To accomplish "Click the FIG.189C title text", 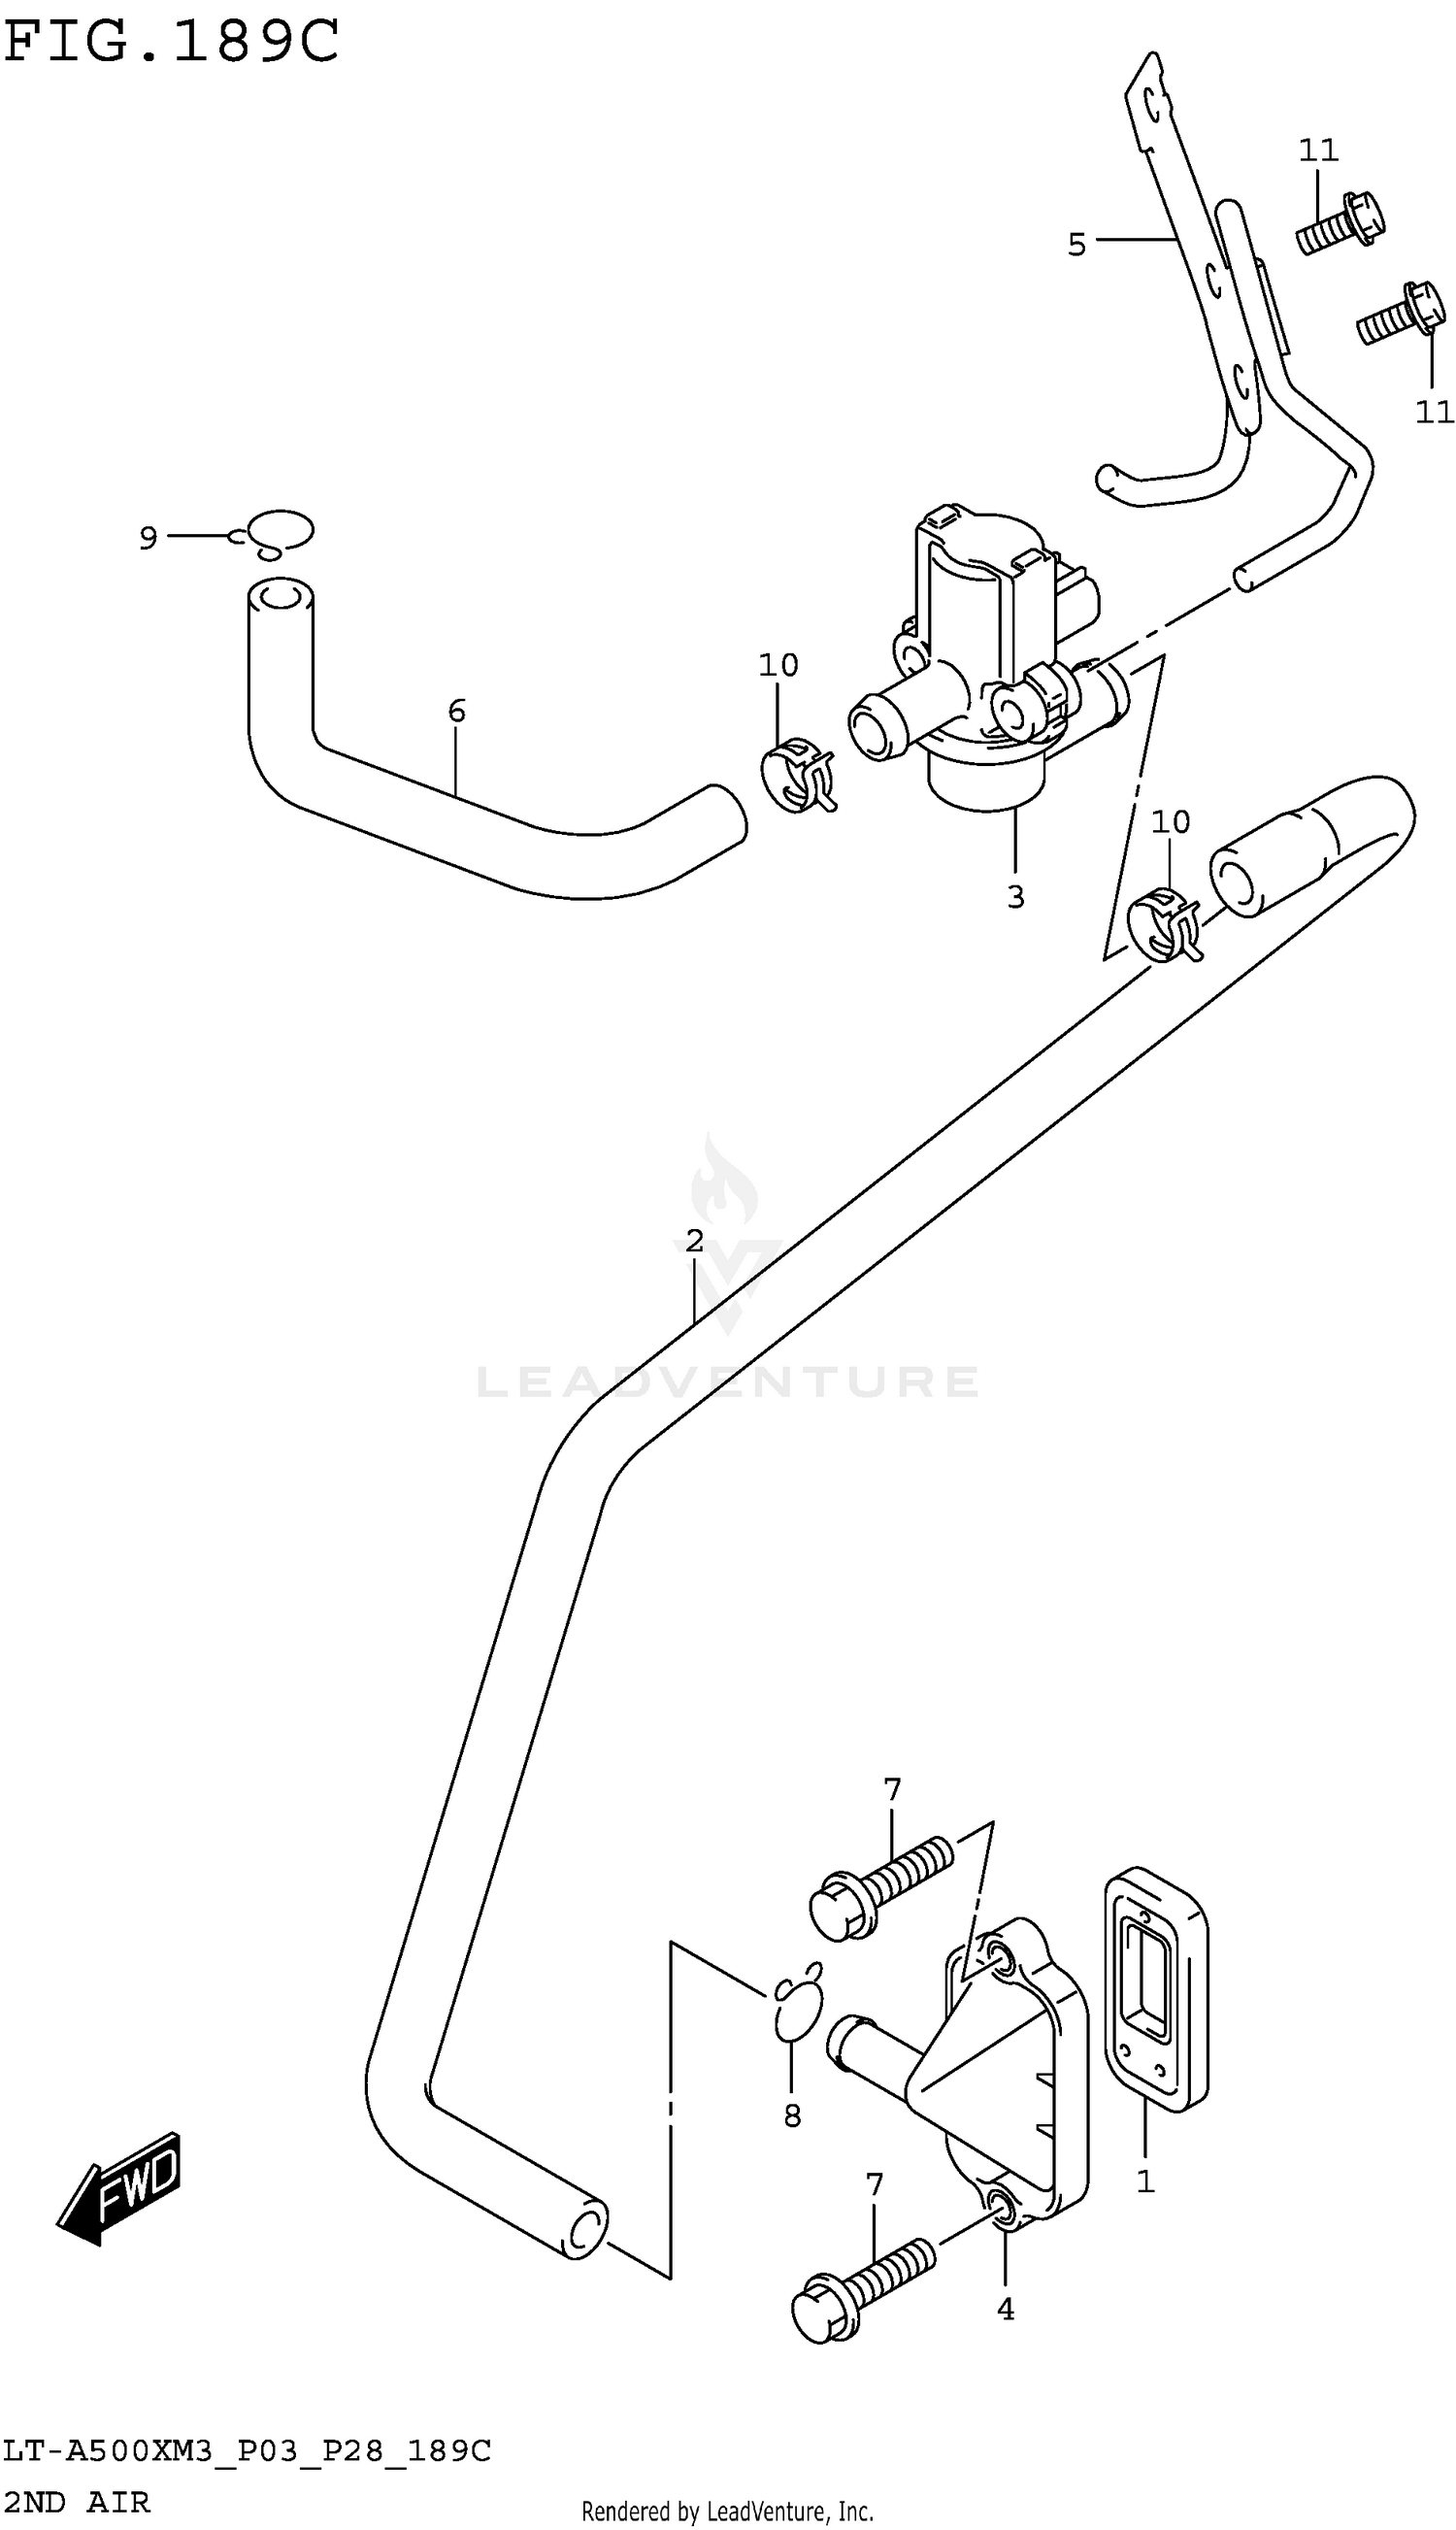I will (x=171, y=43).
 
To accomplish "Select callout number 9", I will (x=148, y=539).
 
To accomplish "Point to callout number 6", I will (x=456, y=711).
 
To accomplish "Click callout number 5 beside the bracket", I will (x=1076, y=244).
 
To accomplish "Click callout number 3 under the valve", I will (x=1015, y=897).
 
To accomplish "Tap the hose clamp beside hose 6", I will (x=798, y=775).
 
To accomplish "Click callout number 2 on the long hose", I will (x=694, y=1242).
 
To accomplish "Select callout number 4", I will (x=1005, y=2309).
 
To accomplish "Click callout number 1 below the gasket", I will (x=1145, y=2181).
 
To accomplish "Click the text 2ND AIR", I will (x=76, y=2502).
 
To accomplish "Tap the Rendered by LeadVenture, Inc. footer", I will (x=727, y=2511).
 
